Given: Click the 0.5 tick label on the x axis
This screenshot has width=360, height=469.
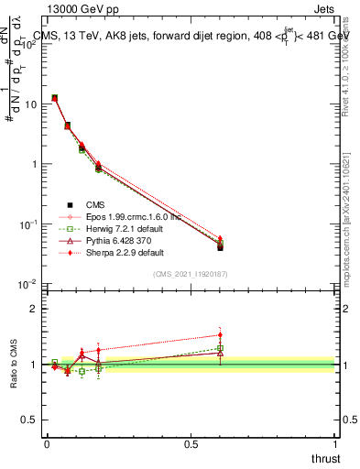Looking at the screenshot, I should tap(191, 444).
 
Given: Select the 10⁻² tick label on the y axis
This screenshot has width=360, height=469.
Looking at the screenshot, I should tap(27, 285).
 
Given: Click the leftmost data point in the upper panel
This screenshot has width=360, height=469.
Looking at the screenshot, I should tap(55, 97).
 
